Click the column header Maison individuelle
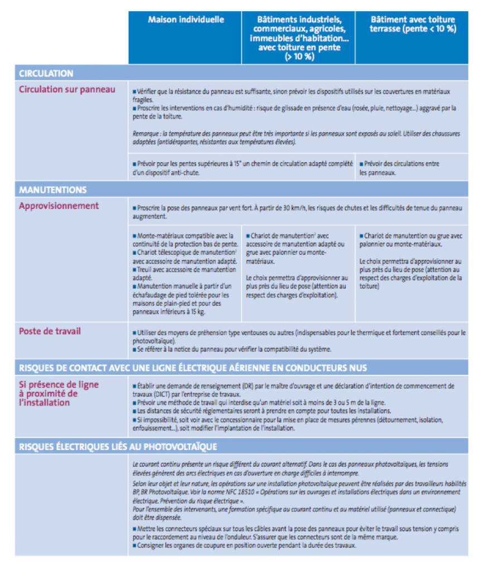pos(186,20)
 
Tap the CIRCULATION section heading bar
pos(46,74)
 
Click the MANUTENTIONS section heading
pos(53,190)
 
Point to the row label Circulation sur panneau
pos(67,89)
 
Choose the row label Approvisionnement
pos(59,206)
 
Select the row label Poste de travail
pos(50,331)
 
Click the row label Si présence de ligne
pos(59,385)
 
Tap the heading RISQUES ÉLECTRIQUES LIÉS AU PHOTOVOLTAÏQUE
pos(118,447)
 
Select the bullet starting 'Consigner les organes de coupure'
pos(245,545)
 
